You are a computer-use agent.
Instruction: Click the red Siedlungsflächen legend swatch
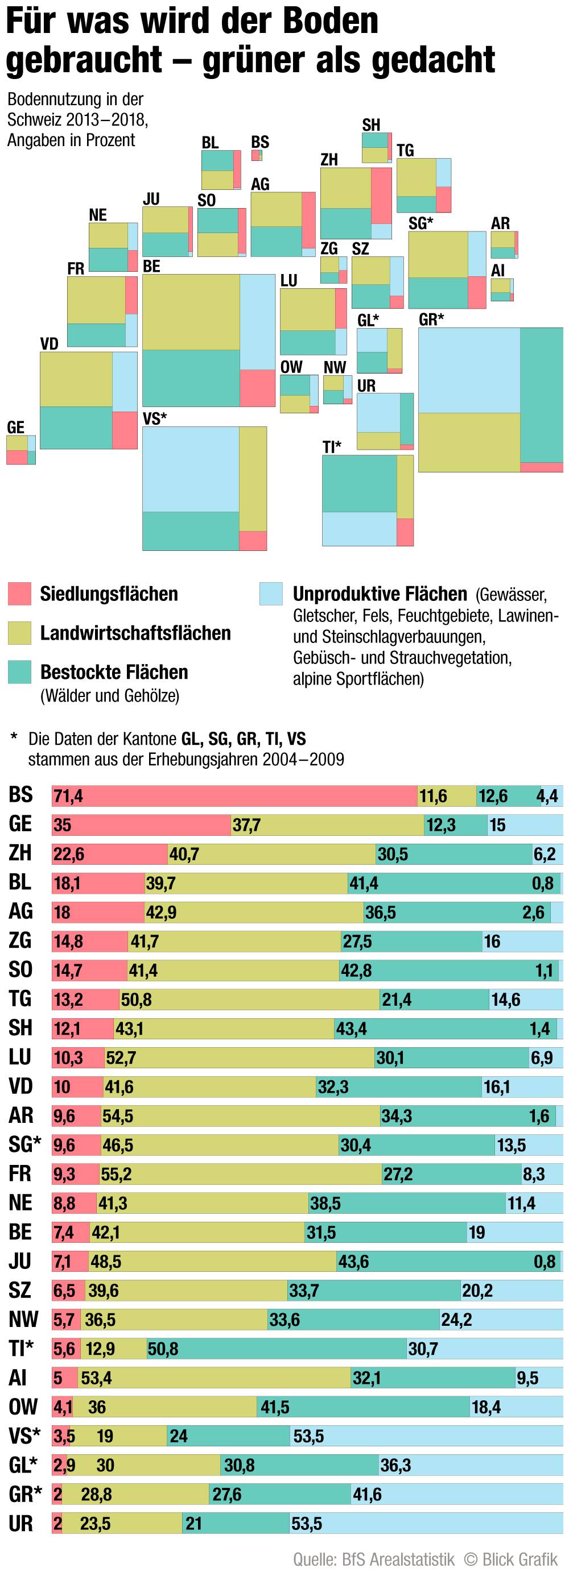click(x=19, y=594)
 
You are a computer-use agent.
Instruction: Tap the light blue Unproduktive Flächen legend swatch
click(x=271, y=594)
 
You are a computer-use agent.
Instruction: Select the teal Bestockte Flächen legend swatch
click(x=19, y=672)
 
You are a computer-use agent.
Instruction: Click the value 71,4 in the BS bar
click(x=68, y=797)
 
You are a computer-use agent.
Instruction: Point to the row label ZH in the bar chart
click(x=20, y=853)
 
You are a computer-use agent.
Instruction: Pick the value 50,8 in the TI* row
click(x=163, y=1349)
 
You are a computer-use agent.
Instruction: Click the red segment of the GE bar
click(x=141, y=825)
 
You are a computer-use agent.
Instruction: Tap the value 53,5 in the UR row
click(x=307, y=1524)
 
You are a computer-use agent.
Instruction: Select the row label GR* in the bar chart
click(x=25, y=1494)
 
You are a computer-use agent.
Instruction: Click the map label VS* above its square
click(x=154, y=418)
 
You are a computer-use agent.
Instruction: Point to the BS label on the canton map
click(x=260, y=142)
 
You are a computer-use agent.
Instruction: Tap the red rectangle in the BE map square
click(x=257, y=388)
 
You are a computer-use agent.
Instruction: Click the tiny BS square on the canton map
click(x=257, y=156)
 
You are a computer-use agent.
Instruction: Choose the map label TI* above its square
click(x=332, y=447)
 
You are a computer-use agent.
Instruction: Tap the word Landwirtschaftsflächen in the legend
click(x=135, y=633)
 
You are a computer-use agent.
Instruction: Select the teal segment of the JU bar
click(x=449, y=1262)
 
